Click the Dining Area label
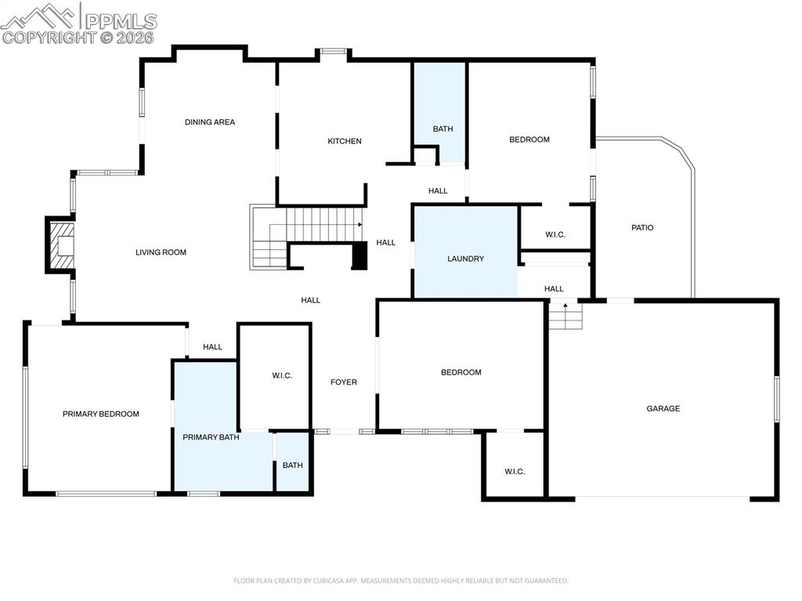(209, 122)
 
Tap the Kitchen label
(345, 141)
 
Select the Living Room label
(161, 252)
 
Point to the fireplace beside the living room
(60, 244)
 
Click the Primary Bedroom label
(100, 414)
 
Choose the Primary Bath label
(211, 437)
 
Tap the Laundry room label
(465, 259)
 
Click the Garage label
(663, 408)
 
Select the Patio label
(642, 228)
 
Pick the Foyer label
(343, 382)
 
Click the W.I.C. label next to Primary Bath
(282, 376)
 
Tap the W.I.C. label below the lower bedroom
(515, 472)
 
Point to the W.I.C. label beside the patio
(555, 235)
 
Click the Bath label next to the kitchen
(443, 129)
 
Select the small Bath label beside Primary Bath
(292, 465)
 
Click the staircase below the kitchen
(313, 226)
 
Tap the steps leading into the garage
(565, 317)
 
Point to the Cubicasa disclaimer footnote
(400, 581)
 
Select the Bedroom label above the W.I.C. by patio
(529, 139)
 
